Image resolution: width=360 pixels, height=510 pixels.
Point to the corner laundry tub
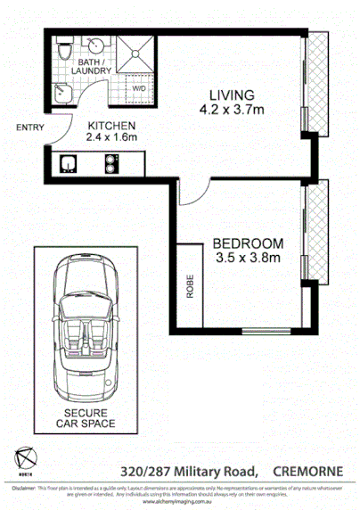click(x=60, y=92)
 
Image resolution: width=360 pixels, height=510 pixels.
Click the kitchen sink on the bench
click(x=69, y=163)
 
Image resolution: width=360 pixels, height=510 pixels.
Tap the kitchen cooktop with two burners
click(x=112, y=163)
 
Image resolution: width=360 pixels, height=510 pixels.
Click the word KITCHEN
click(x=110, y=126)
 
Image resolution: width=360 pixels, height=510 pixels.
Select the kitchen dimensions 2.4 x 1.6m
click(x=110, y=139)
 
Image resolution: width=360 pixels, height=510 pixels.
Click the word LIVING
click(x=232, y=95)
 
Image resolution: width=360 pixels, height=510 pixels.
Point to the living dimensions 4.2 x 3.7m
click(x=232, y=111)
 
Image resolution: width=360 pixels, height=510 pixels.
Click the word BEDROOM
click(x=248, y=243)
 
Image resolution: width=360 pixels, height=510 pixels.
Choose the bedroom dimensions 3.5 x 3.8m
click(x=248, y=259)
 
